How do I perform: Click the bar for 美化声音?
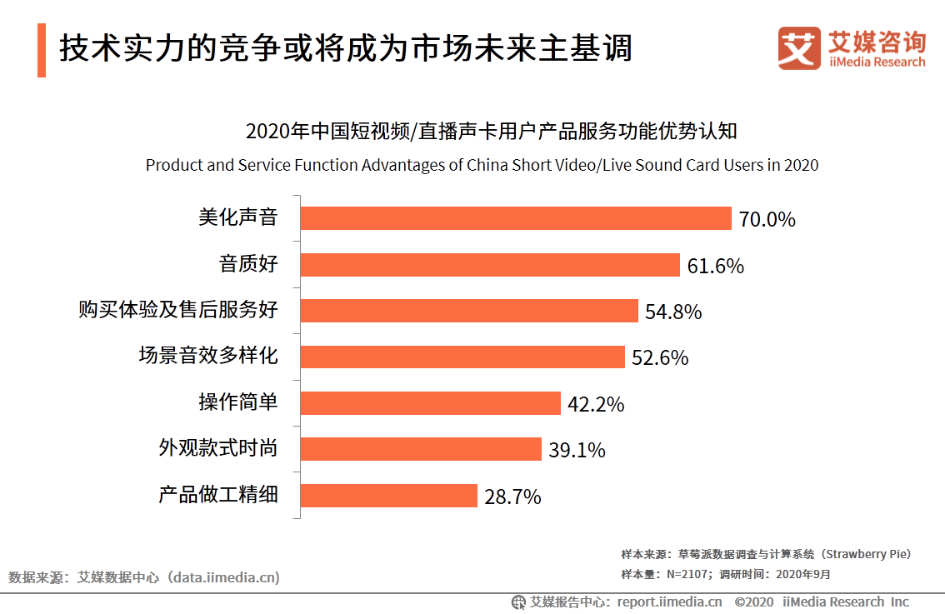[515, 218]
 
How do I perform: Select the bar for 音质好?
[490, 265]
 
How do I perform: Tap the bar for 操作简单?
[430, 403]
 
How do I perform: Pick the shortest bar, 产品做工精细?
[388, 496]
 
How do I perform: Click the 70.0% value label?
[767, 220]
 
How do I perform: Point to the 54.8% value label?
[673, 312]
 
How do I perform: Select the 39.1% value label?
[577, 451]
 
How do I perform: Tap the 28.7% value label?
[512, 497]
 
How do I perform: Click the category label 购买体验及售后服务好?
[177, 311]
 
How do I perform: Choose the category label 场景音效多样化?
[207, 357]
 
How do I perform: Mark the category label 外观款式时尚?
[217, 448]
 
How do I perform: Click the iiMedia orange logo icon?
[799, 48]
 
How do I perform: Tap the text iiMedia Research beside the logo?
[877, 62]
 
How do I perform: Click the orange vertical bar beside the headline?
[42, 50]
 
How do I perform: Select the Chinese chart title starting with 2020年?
[492, 132]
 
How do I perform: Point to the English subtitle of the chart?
[482, 165]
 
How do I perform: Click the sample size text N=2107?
[687, 574]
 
